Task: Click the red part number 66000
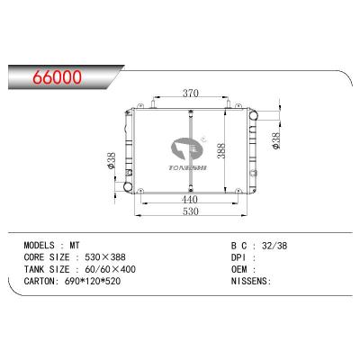[58, 77]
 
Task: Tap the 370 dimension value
[191, 94]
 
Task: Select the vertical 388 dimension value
[221, 150]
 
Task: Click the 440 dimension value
[190, 199]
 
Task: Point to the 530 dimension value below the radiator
[191, 211]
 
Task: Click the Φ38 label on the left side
[111, 160]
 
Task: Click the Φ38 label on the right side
[275, 140]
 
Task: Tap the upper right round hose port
[253, 115]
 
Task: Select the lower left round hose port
[128, 186]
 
